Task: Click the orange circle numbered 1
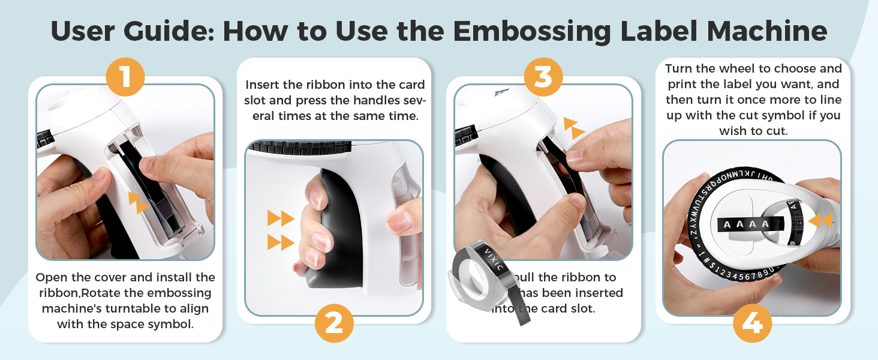pos(125,77)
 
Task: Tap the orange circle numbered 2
pos(334,323)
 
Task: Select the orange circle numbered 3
pos(543,77)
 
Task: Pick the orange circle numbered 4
pos(752,323)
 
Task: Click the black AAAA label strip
pos(744,225)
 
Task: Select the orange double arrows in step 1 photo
pos(139,202)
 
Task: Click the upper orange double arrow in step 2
pos(280,218)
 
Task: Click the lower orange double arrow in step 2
pos(280,242)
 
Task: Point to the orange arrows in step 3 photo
pos(574,128)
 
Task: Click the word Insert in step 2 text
pos(263,85)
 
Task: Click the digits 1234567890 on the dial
pos(738,275)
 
